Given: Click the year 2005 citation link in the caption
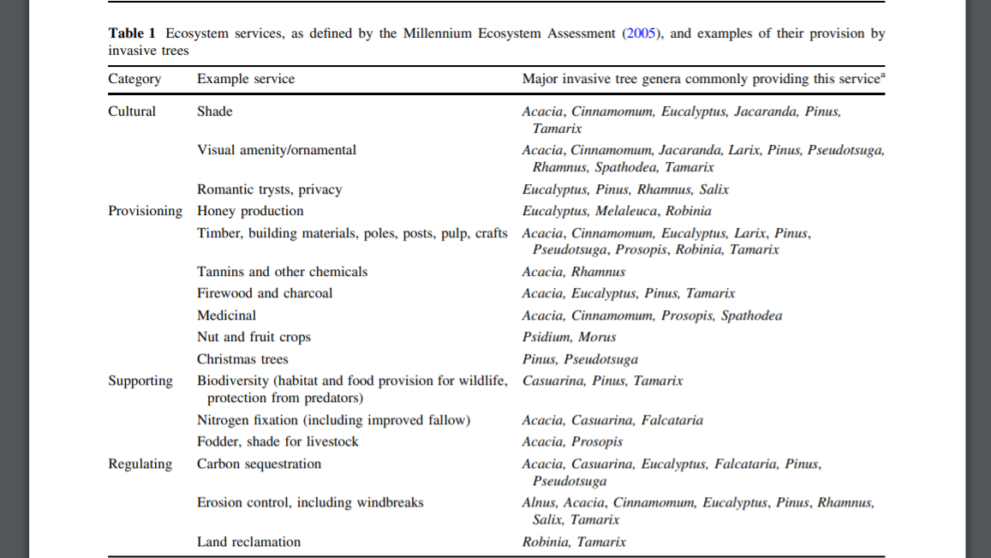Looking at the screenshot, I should pos(641,33).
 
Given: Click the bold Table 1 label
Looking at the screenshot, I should pos(132,33).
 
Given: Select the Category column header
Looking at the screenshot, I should pos(134,79).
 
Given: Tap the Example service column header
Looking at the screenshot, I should pos(246,79).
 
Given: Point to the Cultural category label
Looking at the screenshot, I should pos(132,111).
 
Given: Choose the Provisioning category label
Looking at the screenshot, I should pos(146,211).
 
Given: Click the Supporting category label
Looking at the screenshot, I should pos(140,381).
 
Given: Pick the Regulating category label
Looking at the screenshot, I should pos(140,464).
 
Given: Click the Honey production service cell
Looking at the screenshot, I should pos(250,211).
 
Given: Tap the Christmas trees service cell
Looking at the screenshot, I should pos(242,359).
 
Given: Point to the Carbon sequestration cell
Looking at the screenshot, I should pos(260,464).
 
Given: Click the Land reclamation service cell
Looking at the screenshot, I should pos(249,542).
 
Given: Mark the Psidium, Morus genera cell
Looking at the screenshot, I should pos(569,337).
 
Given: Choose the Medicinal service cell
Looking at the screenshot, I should pos(226,315).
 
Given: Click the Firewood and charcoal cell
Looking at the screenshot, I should pos(265,293).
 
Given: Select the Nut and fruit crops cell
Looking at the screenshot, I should pos(254,337).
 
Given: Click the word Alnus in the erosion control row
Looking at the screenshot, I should pos(539,503).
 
